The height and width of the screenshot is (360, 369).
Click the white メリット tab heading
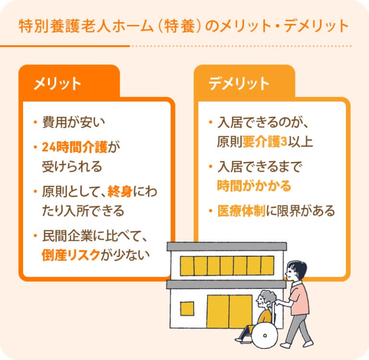click(x=57, y=84)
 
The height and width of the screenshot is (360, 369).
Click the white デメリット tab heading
click(x=239, y=84)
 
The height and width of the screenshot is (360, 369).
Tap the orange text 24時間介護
click(x=75, y=147)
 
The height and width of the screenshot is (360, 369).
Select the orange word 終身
click(x=120, y=191)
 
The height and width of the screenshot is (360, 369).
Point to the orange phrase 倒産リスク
click(x=71, y=255)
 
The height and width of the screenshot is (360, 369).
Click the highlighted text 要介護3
click(x=265, y=141)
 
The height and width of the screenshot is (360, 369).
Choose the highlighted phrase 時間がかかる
click(x=254, y=186)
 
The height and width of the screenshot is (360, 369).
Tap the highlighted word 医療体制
click(x=242, y=211)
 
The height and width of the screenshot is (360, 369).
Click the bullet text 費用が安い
click(x=74, y=122)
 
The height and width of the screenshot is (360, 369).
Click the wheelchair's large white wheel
click(x=265, y=335)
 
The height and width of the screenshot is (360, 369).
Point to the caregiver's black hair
click(x=298, y=268)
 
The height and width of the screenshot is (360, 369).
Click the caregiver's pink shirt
click(x=299, y=298)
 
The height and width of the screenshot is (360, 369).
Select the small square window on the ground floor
click(x=187, y=309)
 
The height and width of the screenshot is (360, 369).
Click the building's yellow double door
click(x=230, y=311)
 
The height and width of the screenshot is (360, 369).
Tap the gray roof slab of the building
click(x=227, y=247)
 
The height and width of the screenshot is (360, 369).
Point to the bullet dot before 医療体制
click(x=210, y=211)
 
